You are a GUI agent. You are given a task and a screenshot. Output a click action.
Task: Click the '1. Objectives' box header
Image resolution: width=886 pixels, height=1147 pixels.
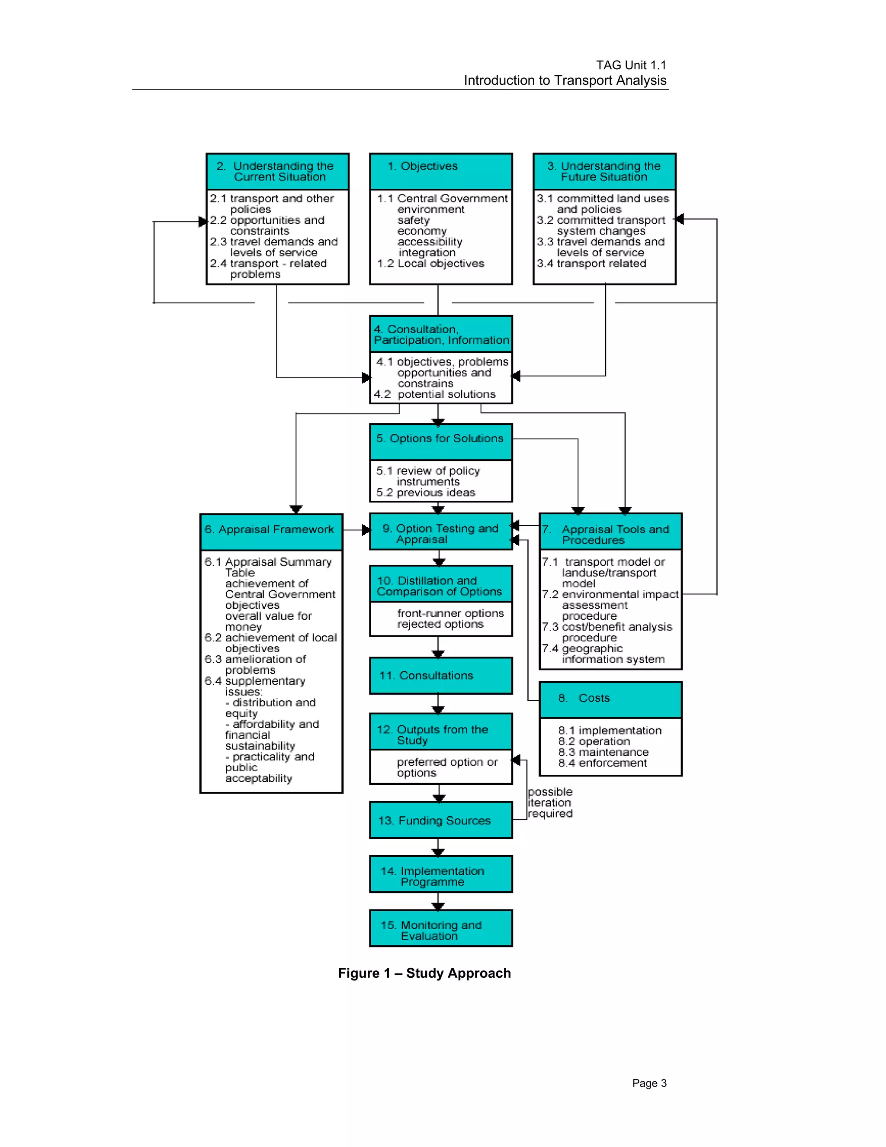(440, 171)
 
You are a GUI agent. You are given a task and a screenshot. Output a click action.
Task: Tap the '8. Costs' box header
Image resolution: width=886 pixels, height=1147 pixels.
(610, 699)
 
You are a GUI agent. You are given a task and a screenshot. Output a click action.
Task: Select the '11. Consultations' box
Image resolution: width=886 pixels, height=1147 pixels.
(440, 675)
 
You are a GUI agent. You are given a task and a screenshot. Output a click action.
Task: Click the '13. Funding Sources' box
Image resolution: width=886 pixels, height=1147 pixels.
(440, 820)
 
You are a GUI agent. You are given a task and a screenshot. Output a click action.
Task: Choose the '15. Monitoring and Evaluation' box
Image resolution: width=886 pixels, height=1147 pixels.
(440, 928)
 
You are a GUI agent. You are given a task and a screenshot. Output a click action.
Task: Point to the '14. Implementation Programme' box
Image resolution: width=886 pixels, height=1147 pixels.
(440, 874)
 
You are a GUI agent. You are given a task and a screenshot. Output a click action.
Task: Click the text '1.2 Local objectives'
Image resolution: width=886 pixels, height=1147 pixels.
(430, 264)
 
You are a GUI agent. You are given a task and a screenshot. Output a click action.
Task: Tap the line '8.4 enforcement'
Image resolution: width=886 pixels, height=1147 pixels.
(602, 763)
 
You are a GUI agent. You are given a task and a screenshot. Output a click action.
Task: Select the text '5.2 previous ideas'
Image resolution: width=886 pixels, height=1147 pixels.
(426, 493)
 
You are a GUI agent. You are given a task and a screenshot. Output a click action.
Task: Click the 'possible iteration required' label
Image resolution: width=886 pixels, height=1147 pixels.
(549, 802)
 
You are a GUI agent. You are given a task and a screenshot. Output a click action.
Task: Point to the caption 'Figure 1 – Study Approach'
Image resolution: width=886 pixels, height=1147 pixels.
(424, 973)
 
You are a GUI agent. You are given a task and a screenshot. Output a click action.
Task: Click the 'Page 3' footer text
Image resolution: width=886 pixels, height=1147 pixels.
(649, 1083)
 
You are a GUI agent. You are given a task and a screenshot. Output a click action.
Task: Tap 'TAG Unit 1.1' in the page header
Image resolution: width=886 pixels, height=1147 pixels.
(630, 65)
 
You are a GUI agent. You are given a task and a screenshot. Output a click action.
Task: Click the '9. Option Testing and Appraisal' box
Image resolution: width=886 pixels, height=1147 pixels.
(440, 532)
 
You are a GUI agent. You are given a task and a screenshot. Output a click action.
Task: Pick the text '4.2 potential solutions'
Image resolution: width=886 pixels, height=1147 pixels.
(435, 394)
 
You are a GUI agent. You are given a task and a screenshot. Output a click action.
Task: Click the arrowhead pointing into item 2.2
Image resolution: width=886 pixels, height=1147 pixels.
(202, 222)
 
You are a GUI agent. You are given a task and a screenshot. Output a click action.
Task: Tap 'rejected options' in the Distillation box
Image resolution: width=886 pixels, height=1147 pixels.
(440, 625)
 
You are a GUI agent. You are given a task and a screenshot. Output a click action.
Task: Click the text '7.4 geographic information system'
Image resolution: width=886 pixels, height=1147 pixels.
(604, 654)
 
